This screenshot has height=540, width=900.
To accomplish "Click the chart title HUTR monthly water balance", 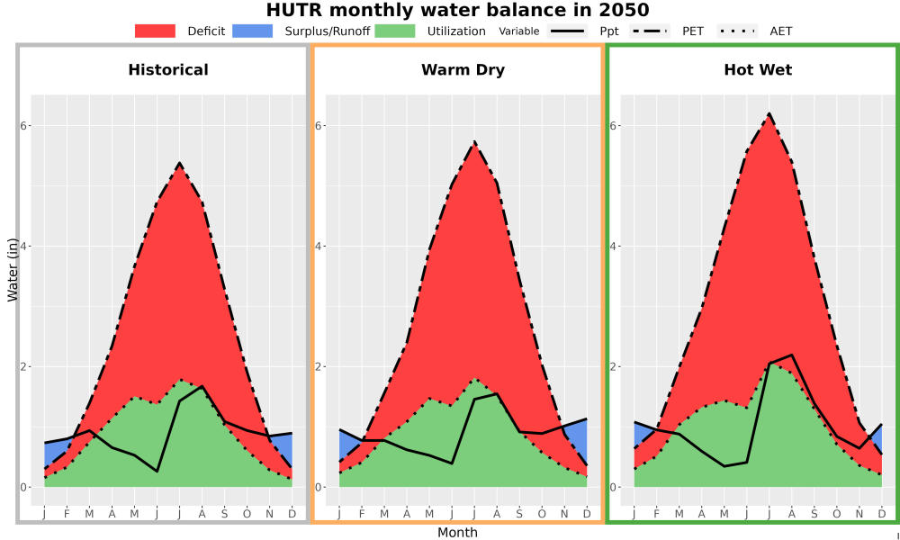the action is pos(457,10).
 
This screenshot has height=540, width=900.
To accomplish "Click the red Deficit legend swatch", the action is pos(155,31).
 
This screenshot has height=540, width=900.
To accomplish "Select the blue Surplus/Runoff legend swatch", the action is pos(253,31).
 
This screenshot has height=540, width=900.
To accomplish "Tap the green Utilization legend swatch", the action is pos(395,31).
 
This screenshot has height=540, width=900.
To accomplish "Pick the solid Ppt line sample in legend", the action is pos(566,31).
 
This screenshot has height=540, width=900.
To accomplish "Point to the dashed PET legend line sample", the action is pos(649,31).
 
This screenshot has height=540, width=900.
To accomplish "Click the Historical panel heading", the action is pos(168,70).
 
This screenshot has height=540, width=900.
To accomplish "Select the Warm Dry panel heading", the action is pos(463,70).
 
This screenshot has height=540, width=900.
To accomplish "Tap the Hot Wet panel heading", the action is pos(758,70).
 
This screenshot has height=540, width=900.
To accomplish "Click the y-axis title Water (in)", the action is pos(13,270).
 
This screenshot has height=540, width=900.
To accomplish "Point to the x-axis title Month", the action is pos(457,533).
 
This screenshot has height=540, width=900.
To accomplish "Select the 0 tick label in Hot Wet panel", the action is pos(612,487).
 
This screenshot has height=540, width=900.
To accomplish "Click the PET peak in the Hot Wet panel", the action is pos(769,113).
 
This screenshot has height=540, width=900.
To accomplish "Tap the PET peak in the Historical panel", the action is pos(179,163).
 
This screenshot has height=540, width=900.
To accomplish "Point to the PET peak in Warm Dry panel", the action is pos(474,141).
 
